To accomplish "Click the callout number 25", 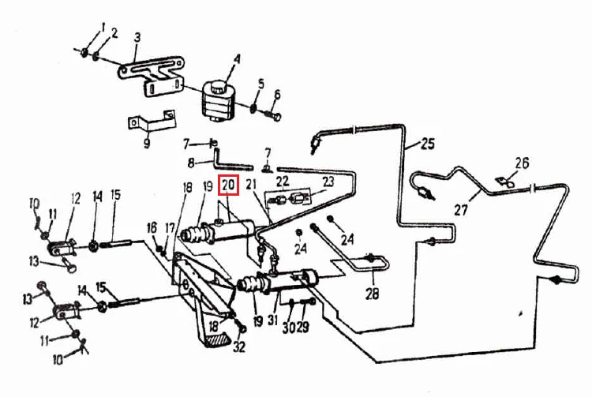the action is pyautogui.click(x=427, y=144).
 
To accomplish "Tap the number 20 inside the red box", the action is pyautogui.click(x=228, y=185).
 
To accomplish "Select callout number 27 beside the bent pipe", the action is pyautogui.click(x=461, y=209).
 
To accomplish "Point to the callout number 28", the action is pyautogui.click(x=372, y=294).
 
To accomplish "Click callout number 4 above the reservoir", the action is pyautogui.click(x=237, y=59).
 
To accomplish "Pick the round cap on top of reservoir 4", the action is pyautogui.click(x=218, y=88).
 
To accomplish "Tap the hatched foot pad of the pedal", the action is pyautogui.click(x=216, y=339).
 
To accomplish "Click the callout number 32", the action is pyautogui.click(x=239, y=346).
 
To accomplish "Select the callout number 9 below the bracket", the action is pyautogui.click(x=147, y=143).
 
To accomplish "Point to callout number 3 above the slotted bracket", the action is pyautogui.click(x=137, y=37).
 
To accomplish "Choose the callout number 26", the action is pyautogui.click(x=522, y=163).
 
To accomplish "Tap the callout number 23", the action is pyautogui.click(x=328, y=182).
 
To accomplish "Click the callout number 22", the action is pyautogui.click(x=283, y=182).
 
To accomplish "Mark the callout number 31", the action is pyautogui.click(x=273, y=320).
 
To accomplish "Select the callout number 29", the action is pyautogui.click(x=302, y=327).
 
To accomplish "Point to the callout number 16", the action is pyautogui.click(x=152, y=227).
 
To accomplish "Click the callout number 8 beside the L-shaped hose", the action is pyautogui.click(x=191, y=163).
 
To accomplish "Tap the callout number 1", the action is pyautogui.click(x=103, y=27).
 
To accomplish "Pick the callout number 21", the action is pyautogui.click(x=251, y=185).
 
